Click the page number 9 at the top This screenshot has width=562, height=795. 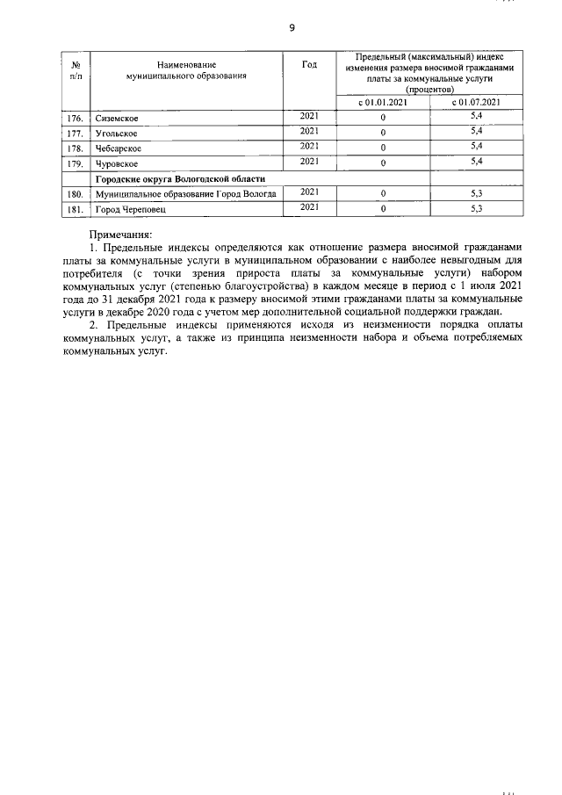(292, 27)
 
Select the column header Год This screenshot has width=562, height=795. (308, 66)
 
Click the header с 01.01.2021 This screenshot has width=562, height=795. (383, 102)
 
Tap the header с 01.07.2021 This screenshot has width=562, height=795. (477, 102)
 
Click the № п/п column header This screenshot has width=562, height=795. (76, 71)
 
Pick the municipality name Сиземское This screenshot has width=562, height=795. (117, 118)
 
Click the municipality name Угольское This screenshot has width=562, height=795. (117, 133)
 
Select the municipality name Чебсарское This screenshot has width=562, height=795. (119, 148)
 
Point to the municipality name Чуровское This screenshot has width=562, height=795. (118, 163)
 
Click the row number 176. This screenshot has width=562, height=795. (76, 118)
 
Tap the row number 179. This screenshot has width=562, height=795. (76, 163)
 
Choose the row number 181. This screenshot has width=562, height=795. (76, 210)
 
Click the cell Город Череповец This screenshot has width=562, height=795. (130, 210)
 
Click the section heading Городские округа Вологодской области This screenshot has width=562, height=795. (180, 178)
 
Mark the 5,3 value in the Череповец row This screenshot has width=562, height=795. (477, 208)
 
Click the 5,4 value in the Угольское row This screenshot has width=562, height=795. (477, 131)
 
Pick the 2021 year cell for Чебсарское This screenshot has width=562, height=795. (308, 146)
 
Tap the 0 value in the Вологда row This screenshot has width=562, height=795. (383, 194)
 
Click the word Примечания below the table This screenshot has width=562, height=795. (121, 235)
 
